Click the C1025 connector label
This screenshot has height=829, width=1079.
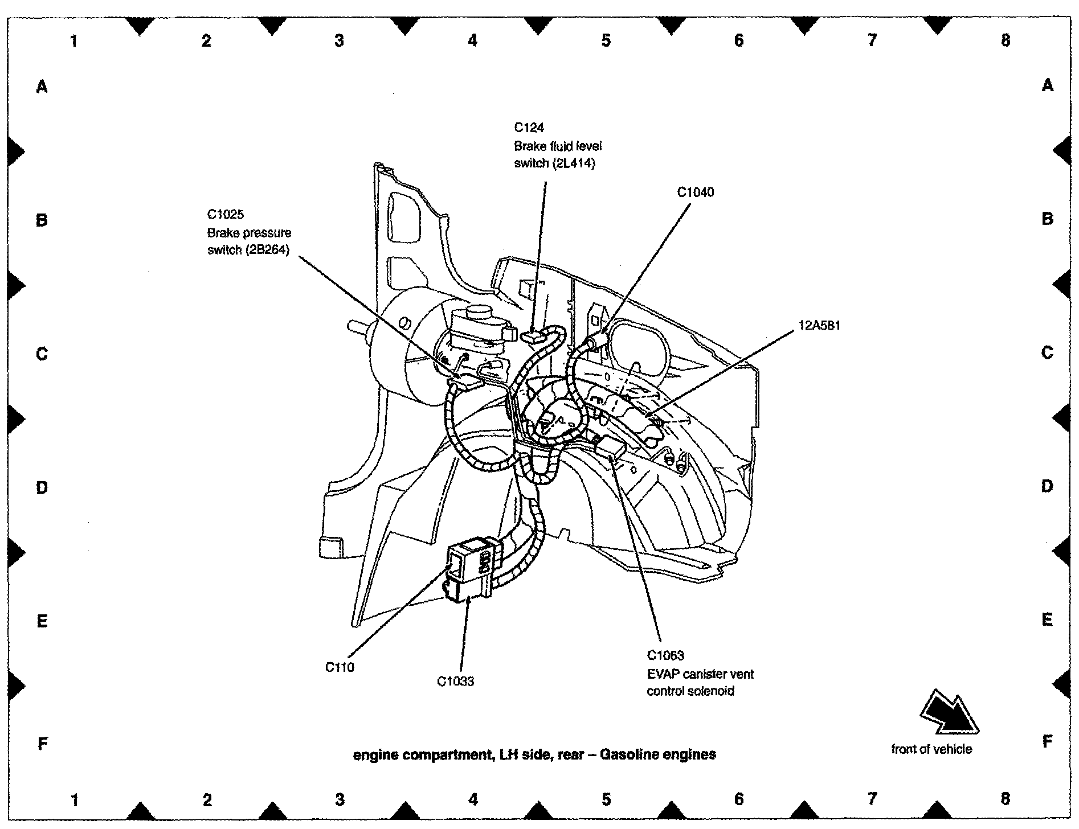pos(225,215)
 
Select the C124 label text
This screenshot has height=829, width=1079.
pos(529,128)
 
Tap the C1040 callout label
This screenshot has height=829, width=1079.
pos(695,192)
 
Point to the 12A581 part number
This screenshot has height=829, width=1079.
pos(819,326)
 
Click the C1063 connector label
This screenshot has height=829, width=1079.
pos(665,655)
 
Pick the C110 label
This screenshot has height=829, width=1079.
pos(340,667)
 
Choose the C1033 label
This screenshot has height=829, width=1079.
pos(455,682)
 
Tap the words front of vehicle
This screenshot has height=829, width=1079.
pos(931,749)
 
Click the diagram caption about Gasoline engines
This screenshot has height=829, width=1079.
pos(534,755)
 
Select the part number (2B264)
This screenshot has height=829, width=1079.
pos(268,250)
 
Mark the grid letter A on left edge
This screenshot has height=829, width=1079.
pos(42,87)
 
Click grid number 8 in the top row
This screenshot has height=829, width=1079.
pos(1006,40)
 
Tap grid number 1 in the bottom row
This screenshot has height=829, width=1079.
pos(74,800)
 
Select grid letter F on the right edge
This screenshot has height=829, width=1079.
pos(1047,741)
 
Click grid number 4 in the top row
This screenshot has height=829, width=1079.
pos(472,40)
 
